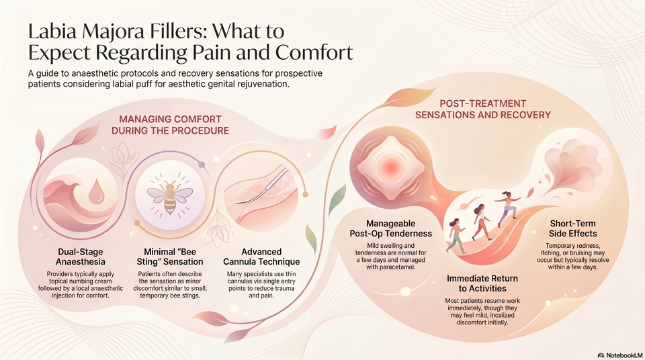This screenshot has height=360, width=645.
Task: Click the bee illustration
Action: pyautogui.click(x=170, y=196)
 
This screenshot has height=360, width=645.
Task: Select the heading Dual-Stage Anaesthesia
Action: pyautogui.click(x=81, y=257)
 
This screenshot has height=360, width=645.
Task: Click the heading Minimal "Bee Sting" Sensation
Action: pyautogui.click(x=170, y=257)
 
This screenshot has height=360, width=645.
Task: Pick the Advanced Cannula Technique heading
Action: pyautogui.click(x=261, y=257)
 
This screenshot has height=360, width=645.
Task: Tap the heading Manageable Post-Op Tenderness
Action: pyautogui.click(x=391, y=229)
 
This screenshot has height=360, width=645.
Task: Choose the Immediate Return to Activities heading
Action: pyautogui.click(x=482, y=283)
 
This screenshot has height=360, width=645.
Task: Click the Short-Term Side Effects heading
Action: pyautogui.click(x=572, y=228)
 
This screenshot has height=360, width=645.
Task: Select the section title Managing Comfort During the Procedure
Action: pyautogui.click(x=170, y=125)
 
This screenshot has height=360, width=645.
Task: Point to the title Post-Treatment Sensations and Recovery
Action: pyautogui.click(x=483, y=109)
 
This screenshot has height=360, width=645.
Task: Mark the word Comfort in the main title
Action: pyautogui.click(x=314, y=52)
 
